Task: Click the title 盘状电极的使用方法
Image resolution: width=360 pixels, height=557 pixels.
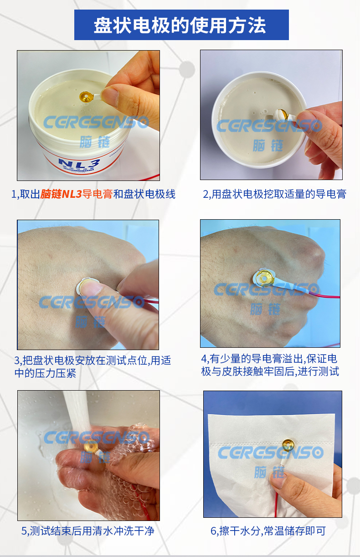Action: pyautogui.click(x=180, y=25)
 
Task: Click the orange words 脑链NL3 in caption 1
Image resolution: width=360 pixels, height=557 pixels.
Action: pyautogui.click(x=61, y=195)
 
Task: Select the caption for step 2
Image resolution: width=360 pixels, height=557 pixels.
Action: pyautogui.click(x=274, y=195)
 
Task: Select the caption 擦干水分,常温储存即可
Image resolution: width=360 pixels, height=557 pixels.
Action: pyautogui.click(x=268, y=531)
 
